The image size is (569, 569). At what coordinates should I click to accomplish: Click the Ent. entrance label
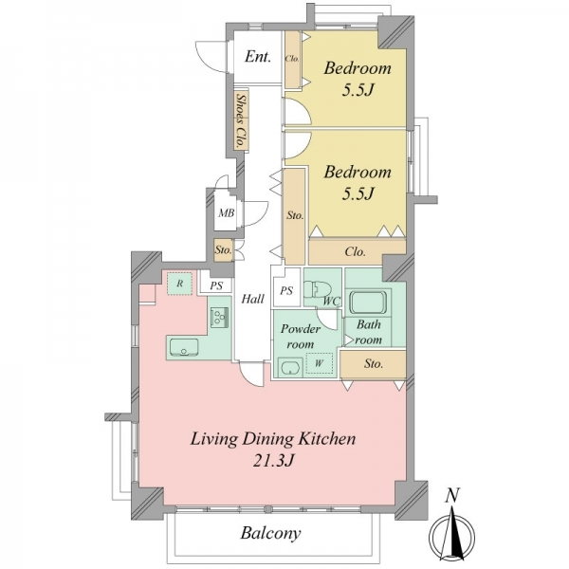(258, 57)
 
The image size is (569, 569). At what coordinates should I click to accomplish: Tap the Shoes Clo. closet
(241, 120)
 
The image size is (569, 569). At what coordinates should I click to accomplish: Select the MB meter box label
(226, 213)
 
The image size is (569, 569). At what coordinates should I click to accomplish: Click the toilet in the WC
(318, 289)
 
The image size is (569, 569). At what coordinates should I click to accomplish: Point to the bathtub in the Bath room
(368, 302)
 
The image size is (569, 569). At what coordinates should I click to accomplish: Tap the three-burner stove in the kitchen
(219, 318)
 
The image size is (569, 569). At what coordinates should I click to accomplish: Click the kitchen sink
(184, 348)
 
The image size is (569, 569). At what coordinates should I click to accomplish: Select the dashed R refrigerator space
(179, 284)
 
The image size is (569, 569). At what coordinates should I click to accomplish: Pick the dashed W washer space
(319, 363)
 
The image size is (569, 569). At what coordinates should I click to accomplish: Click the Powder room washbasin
(290, 367)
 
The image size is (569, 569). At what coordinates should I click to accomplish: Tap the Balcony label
(270, 533)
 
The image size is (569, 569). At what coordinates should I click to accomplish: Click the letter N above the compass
(452, 495)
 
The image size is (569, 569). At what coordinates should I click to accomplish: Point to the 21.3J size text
(273, 461)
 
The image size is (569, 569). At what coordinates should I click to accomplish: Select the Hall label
(253, 299)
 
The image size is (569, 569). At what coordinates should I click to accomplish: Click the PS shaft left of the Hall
(216, 284)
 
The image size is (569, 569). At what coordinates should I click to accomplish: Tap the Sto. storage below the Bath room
(373, 364)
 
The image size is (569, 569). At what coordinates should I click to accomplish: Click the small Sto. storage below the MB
(223, 249)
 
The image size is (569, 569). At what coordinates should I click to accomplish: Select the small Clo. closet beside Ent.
(292, 59)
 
